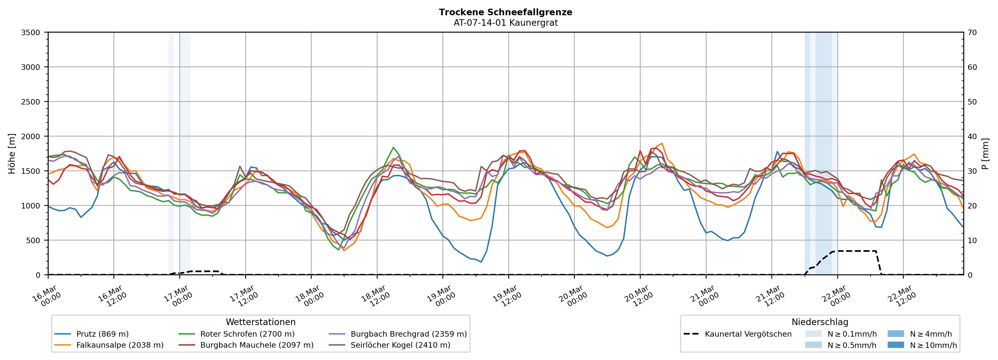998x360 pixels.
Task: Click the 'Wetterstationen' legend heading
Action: (260, 322)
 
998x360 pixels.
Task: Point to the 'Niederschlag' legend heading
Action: (820, 322)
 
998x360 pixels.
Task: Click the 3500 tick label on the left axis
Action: (31, 33)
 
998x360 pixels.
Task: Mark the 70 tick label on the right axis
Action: (972, 33)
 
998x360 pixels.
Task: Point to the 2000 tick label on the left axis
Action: (31, 136)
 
